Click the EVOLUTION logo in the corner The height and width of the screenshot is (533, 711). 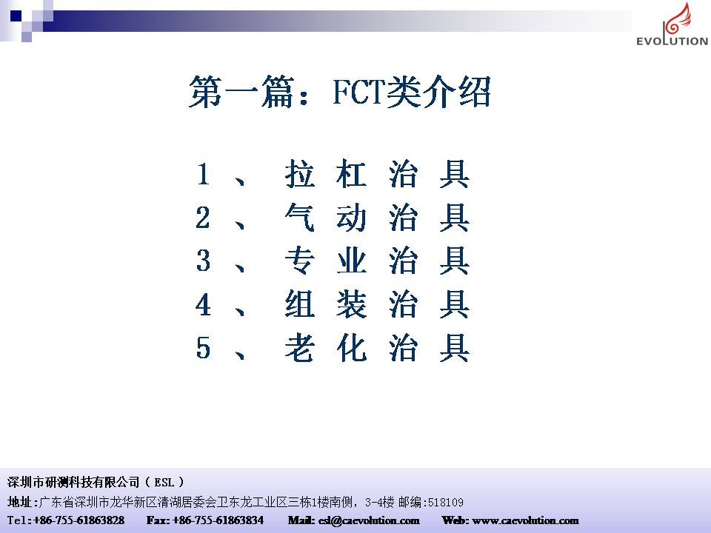coord(672,24)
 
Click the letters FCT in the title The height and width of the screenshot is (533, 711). coord(358,92)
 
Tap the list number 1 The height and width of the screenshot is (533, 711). coord(203,175)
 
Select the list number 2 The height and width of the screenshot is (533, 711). coord(203,218)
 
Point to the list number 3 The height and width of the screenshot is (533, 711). coord(203,261)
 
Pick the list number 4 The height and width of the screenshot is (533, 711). coord(203,304)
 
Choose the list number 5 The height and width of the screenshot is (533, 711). coord(203,348)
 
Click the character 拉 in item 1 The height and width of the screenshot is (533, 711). coord(300,174)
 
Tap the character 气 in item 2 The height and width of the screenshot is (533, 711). coord(300,218)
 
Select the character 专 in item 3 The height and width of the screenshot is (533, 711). coord(300,261)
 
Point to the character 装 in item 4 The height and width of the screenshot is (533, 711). coord(351,304)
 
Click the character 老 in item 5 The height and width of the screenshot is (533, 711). coord(300,348)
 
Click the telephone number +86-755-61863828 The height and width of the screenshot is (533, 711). coord(79,520)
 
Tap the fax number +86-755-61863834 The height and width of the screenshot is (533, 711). coord(218,520)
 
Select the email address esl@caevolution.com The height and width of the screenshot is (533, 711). coord(369,520)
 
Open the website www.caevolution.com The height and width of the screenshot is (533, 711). coord(526,520)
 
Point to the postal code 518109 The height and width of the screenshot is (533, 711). coord(446,502)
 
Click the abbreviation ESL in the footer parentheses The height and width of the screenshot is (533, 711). coord(164,482)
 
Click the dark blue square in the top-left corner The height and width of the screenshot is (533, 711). coord(16,16)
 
